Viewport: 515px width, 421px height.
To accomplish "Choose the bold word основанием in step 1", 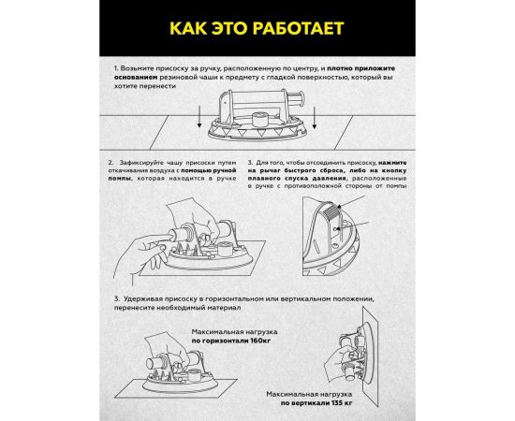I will (x=138, y=79).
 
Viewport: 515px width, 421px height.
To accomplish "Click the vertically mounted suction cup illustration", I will (x=357, y=355).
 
